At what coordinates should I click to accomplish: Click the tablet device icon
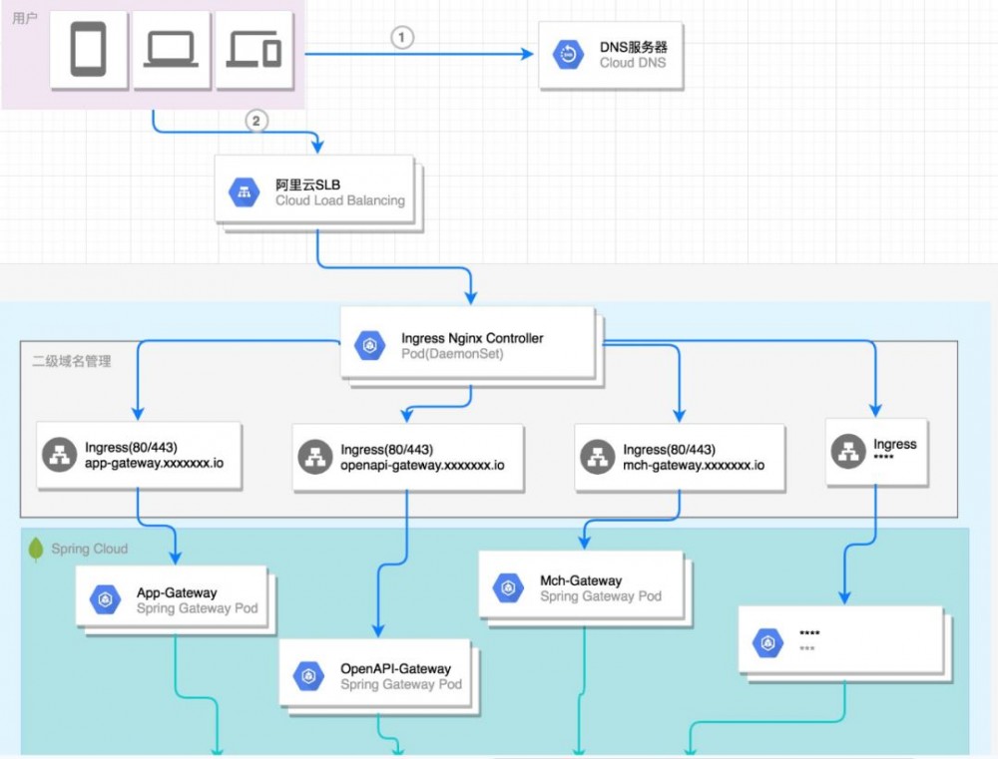(88, 50)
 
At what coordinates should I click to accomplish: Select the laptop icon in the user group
(172, 50)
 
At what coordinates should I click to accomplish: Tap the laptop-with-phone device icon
(254, 49)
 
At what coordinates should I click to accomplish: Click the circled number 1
(401, 38)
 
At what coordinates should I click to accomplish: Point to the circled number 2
(256, 121)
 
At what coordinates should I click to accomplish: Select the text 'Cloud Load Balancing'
(340, 200)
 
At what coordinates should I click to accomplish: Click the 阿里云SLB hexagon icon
(245, 192)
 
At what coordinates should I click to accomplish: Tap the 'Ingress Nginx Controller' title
(472, 338)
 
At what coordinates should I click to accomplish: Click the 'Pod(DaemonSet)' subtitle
(452, 354)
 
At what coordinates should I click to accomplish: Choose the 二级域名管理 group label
(72, 361)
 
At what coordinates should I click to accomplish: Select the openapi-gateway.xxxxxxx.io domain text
(422, 466)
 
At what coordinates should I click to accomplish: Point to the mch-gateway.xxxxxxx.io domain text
(694, 466)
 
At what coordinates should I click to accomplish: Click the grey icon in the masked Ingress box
(848, 451)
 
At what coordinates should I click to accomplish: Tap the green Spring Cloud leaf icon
(37, 549)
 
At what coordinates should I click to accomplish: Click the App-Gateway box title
(177, 592)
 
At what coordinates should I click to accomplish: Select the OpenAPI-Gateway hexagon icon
(308, 676)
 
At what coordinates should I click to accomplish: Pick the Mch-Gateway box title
(581, 580)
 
